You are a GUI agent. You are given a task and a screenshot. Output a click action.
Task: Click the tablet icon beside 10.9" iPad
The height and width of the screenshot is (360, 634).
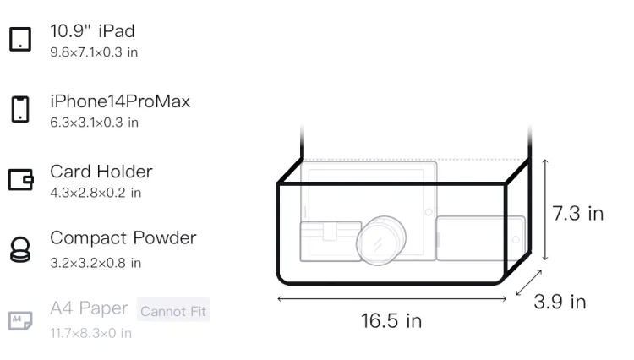coord(20,39)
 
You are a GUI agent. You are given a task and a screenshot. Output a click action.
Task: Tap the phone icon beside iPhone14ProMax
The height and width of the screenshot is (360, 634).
coord(20,109)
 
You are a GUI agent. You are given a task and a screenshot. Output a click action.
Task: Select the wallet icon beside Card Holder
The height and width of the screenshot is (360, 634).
coord(20,179)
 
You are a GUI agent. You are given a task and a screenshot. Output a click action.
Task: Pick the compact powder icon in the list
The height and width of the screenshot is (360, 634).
coord(20,249)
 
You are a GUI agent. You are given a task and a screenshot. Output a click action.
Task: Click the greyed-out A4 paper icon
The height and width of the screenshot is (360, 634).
coord(20,320)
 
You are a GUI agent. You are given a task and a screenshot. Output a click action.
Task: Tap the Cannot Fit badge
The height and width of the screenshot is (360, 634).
coord(173,311)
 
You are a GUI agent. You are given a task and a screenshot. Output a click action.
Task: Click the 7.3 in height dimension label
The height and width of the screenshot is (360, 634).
coord(578,213)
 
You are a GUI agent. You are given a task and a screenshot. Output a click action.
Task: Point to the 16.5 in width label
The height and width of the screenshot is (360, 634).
coord(391,321)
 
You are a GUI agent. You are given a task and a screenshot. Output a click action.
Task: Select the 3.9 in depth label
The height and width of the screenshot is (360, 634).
coord(560,302)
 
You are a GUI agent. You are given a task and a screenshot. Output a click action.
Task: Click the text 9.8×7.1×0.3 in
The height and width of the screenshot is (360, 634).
coord(94,52)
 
